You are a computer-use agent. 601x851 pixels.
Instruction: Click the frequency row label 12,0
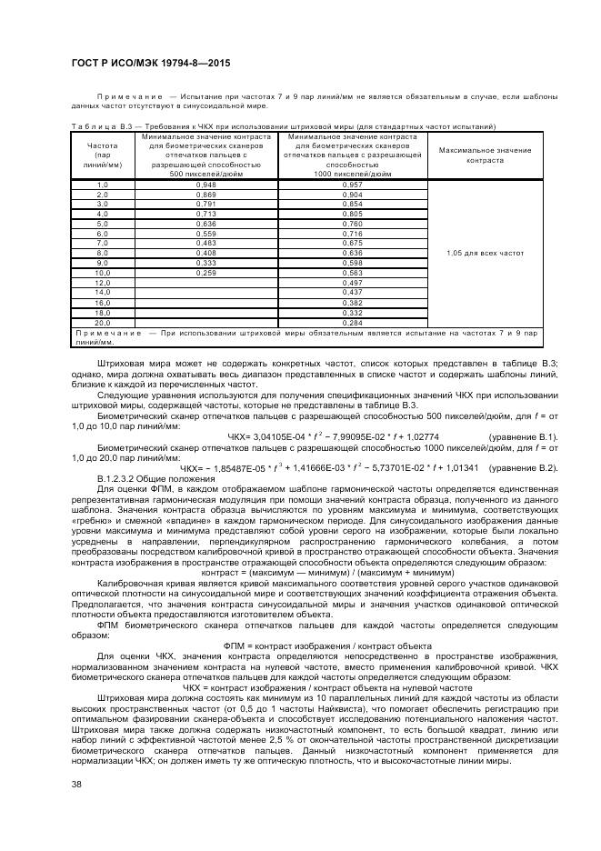pos(102,282)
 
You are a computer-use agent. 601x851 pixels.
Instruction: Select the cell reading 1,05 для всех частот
pos(485,252)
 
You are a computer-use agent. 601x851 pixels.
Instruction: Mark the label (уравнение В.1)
pos(522,436)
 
